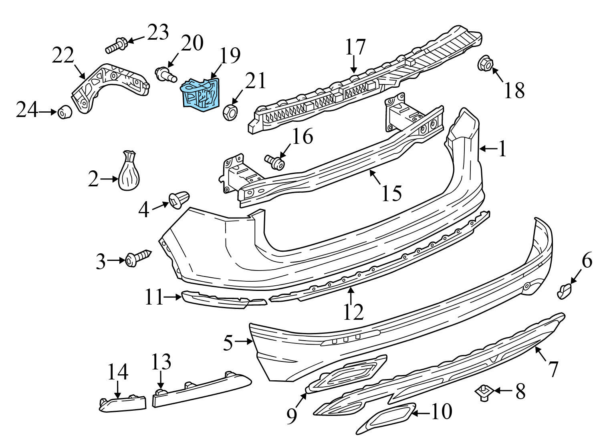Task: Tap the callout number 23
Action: pyautogui.click(x=158, y=33)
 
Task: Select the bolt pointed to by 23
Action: pyautogui.click(x=117, y=45)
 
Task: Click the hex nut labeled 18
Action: pyautogui.click(x=484, y=64)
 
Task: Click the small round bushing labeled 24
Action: pyautogui.click(x=65, y=113)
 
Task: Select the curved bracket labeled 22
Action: pyautogui.click(x=108, y=86)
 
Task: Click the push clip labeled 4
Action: pyautogui.click(x=179, y=200)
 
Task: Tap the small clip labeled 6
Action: pyautogui.click(x=565, y=291)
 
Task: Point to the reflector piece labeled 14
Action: pyautogui.click(x=122, y=403)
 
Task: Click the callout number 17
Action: pyautogui.click(x=355, y=47)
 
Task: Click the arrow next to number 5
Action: pyautogui.click(x=243, y=341)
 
